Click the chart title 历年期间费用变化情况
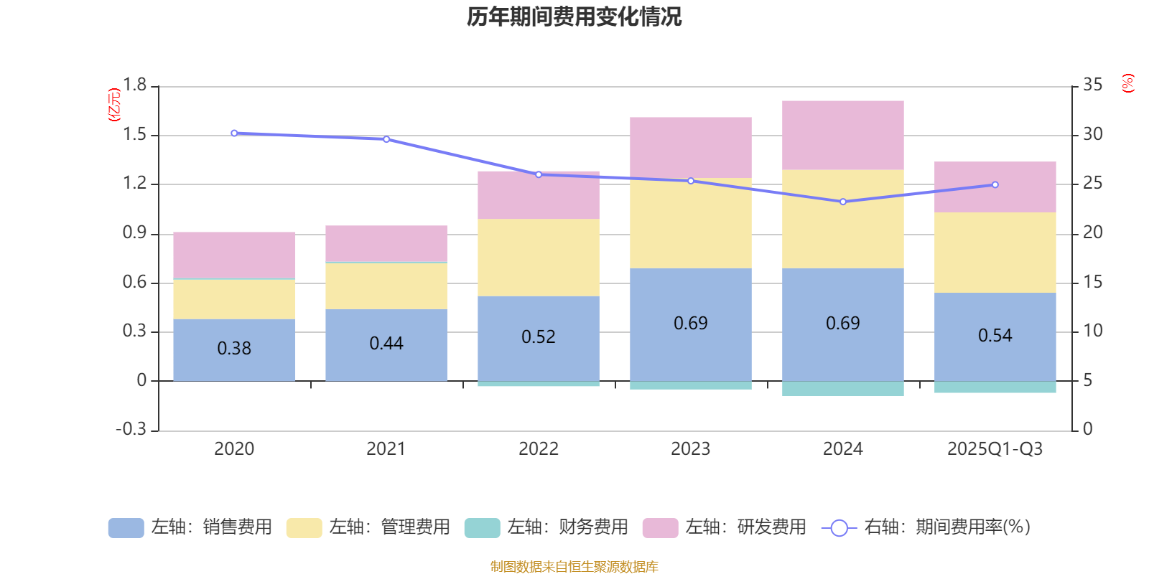(x=574, y=17)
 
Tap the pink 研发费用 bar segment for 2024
(x=842, y=135)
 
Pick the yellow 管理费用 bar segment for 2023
(x=690, y=223)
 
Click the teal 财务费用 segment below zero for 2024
(x=842, y=388)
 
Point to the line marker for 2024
(x=842, y=202)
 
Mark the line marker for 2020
(x=234, y=133)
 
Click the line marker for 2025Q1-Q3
(x=995, y=184)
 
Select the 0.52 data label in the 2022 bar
(x=538, y=337)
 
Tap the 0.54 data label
(x=995, y=335)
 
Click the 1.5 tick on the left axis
(x=134, y=135)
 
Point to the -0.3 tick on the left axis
(x=131, y=429)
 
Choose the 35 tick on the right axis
(x=1092, y=85)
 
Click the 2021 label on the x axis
(x=386, y=449)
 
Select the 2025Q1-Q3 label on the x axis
(x=995, y=449)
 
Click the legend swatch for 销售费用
(x=126, y=527)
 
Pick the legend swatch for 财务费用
(x=482, y=527)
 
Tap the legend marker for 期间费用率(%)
(x=838, y=527)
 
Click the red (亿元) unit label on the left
(x=113, y=105)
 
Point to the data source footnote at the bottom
(x=574, y=566)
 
